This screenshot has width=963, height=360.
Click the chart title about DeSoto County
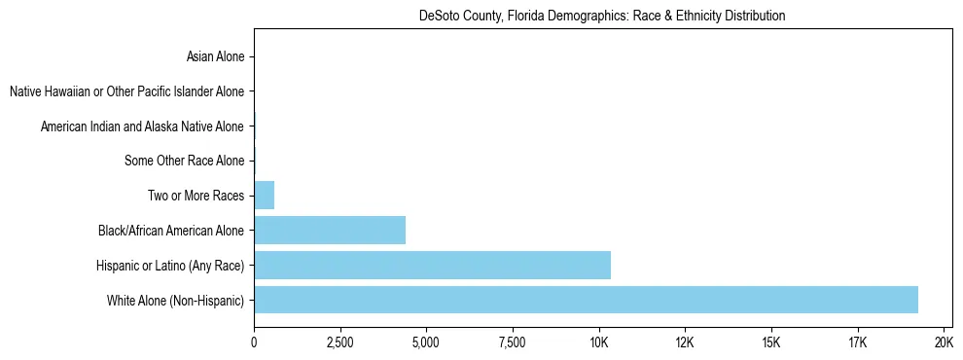click(x=602, y=17)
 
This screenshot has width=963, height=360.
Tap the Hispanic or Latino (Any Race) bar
click(x=432, y=265)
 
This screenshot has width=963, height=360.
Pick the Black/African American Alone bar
click(x=330, y=231)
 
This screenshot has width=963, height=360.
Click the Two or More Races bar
click(x=265, y=196)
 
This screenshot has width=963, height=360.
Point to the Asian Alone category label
click(x=215, y=57)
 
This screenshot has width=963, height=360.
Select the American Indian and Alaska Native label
click(x=142, y=126)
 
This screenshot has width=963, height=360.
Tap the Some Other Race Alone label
click(x=185, y=162)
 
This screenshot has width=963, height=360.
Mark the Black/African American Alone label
click(x=171, y=231)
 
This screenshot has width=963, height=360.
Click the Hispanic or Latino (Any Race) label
click(x=170, y=266)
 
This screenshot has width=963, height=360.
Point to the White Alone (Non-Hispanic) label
click(x=176, y=300)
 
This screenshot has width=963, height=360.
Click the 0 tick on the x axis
click(x=254, y=342)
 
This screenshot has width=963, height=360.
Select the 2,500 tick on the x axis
click(x=339, y=342)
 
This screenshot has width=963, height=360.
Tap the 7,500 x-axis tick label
click(x=512, y=342)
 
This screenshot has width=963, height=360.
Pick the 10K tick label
click(x=598, y=342)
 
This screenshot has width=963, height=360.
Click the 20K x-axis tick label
click(x=943, y=342)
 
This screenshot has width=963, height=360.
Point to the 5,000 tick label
click(x=426, y=342)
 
